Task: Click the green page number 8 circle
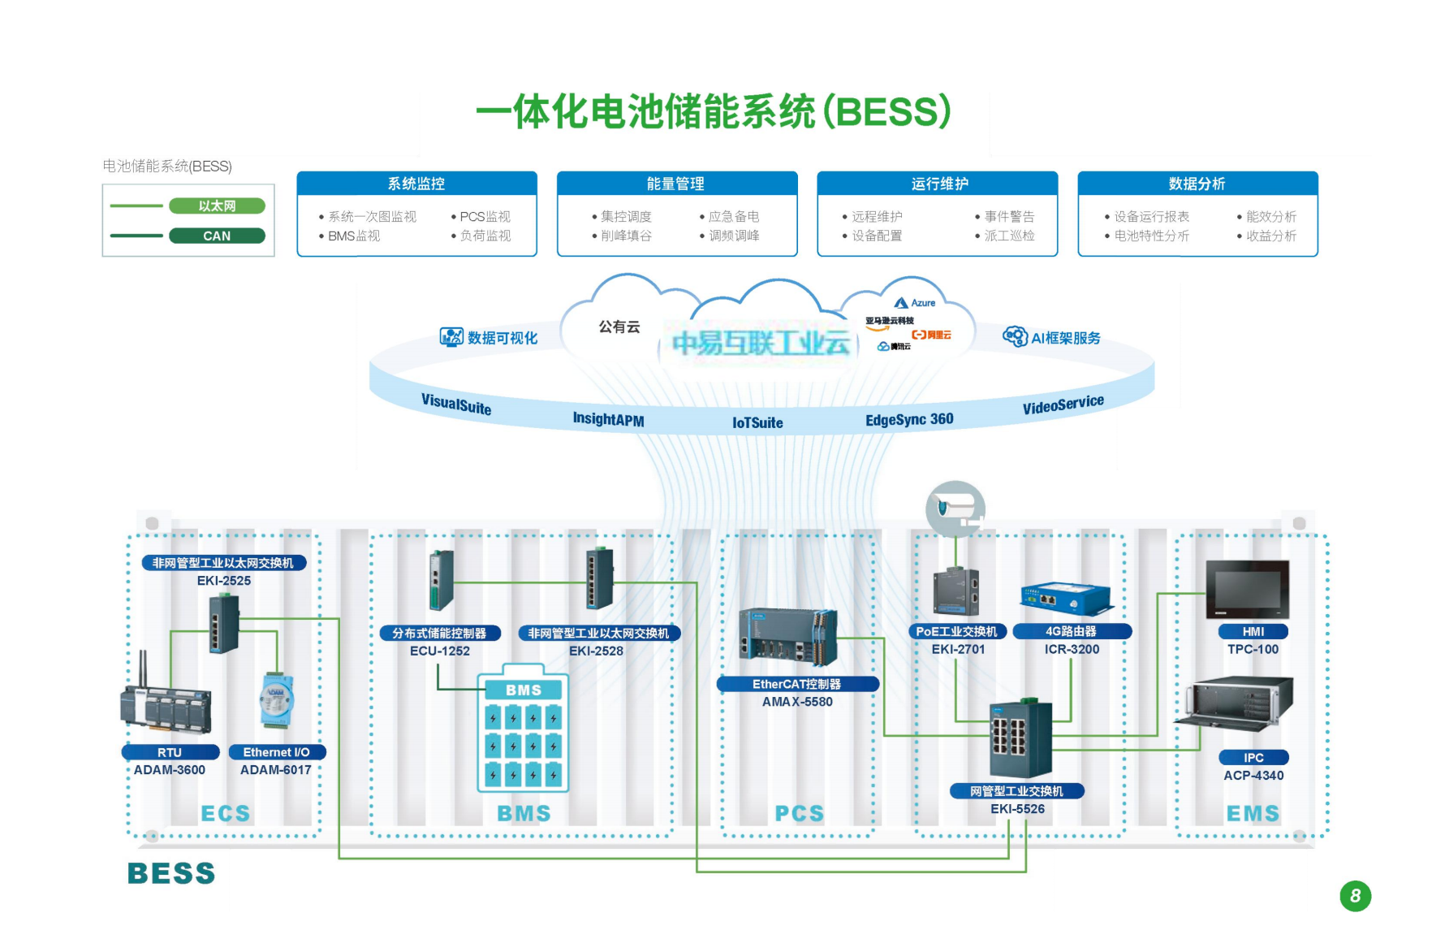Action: pyautogui.click(x=1355, y=896)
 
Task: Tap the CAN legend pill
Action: pyautogui.click(x=217, y=236)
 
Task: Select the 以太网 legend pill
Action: pyautogui.click(x=217, y=206)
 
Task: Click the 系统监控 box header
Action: pyautogui.click(x=416, y=184)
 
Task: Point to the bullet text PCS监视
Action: pyautogui.click(x=485, y=217)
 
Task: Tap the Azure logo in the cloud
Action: pyautogui.click(x=915, y=303)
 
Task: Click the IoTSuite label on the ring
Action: pyautogui.click(x=757, y=422)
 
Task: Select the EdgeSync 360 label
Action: pyautogui.click(x=909, y=419)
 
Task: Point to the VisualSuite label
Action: pyautogui.click(x=456, y=404)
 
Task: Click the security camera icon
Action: pyautogui.click(x=955, y=509)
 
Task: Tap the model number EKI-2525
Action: pyautogui.click(x=224, y=581)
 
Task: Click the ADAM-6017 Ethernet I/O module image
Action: pyautogui.click(x=276, y=700)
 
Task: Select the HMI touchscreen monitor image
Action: pyautogui.click(x=1248, y=590)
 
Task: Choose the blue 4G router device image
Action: pyautogui.click(x=1065, y=599)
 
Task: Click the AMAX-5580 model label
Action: pyautogui.click(x=797, y=702)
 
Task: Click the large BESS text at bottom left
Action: pyautogui.click(x=171, y=873)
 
